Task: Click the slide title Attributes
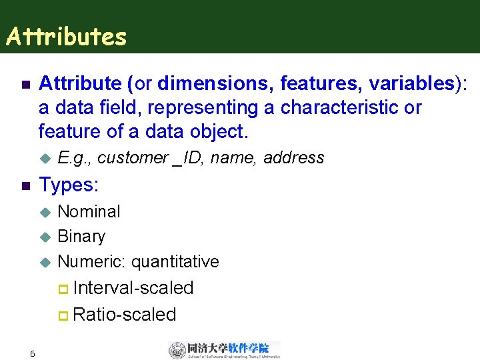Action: [x=66, y=37]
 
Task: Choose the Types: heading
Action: [x=69, y=185]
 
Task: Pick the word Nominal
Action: [x=89, y=212]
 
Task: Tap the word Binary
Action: [x=81, y=237]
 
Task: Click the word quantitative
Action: [x=175, y=261]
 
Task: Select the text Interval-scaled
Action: [x=133, y=288]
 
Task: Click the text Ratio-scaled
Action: [x=125, y=315]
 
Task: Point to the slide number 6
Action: [x=32, y=353]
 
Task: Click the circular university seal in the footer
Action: [x=177, y=351]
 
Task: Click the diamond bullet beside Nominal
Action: [x=45, y=213]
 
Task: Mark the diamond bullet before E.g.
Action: [x=45, y=159]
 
